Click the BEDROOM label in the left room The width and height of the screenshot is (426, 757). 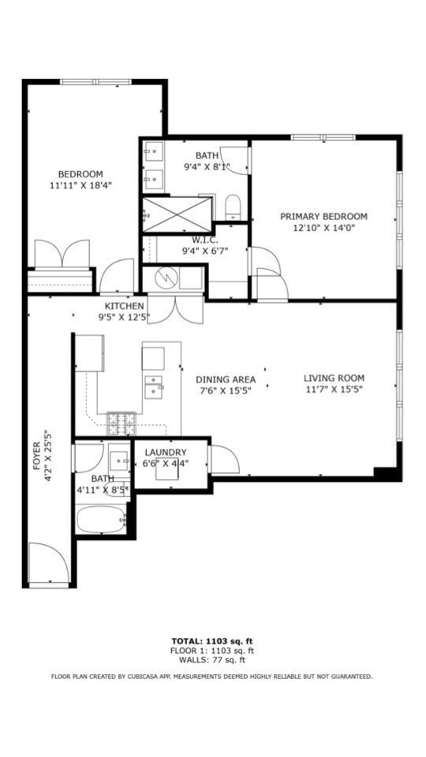(x=80, y=174)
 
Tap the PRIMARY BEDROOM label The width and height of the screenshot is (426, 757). (x=323, y=217)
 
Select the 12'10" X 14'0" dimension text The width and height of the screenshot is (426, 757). (x=323, y=229)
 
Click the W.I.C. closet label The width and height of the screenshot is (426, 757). (x=205, y=240)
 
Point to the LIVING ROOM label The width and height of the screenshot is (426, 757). (x=334, y=378)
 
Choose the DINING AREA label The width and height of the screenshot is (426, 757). (x=226, y=379)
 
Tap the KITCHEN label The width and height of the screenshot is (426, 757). (x=124, y=306)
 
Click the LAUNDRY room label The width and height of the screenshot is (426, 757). (x=166, y=452)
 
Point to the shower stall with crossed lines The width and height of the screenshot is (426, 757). (x=177, y=214)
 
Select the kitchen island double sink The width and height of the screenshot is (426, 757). (x=154, y=386)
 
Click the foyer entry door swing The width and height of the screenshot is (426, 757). (x=47, y=564)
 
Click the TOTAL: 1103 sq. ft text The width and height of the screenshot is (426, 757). (x=212, y=640)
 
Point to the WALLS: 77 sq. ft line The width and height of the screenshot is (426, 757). (x=212, y=660)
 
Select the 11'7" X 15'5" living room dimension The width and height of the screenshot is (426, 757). (x=334, y=390)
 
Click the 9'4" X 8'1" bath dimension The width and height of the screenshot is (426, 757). (x=207, y=166)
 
